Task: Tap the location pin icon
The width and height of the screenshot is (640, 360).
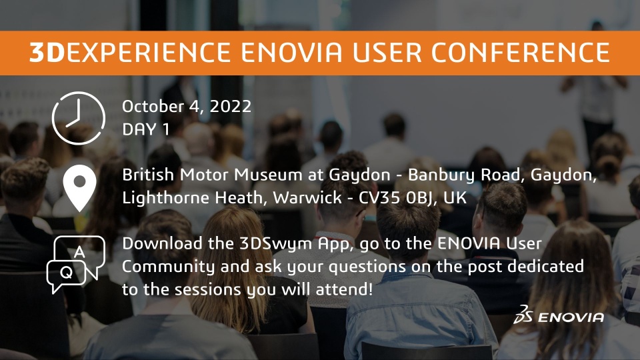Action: point(79,188)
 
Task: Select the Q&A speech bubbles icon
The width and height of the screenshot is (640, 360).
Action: point(76,264)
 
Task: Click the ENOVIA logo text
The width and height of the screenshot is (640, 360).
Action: point(571,317)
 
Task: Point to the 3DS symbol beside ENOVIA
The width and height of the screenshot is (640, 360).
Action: point(523,314)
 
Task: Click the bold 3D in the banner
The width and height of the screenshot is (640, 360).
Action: point(47,53)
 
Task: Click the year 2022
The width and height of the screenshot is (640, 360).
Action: point(231,107)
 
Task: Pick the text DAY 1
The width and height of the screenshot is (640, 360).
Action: point(146,129)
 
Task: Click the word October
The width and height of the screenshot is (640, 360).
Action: point(153,107)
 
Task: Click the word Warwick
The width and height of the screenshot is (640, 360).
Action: point(307,198)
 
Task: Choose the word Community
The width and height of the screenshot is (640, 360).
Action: point(168,267)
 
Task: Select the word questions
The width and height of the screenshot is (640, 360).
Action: point(367,267)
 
